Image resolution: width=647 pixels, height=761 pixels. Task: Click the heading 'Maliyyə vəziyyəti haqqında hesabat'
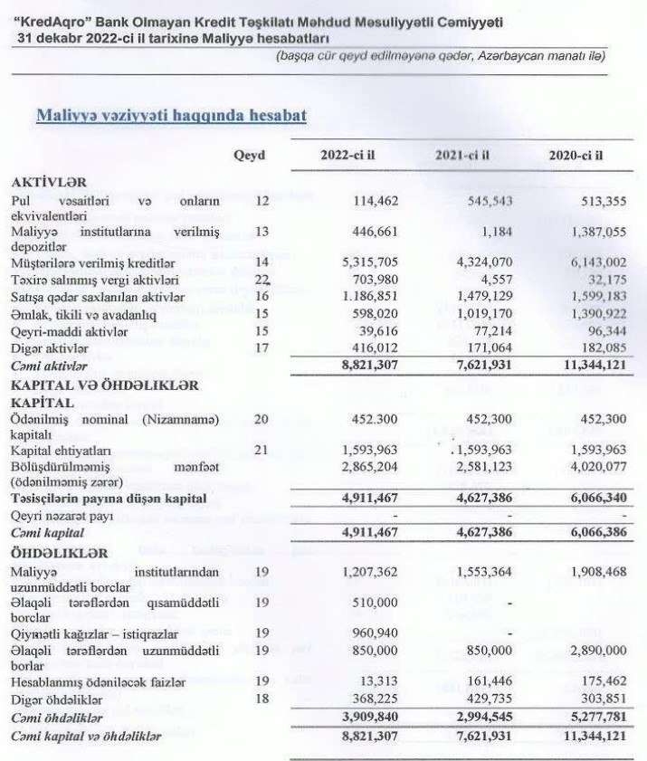pos(169,115)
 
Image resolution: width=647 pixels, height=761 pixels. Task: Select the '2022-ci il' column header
pos(347,155)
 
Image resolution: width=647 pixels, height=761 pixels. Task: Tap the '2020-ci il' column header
pos(576,155)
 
